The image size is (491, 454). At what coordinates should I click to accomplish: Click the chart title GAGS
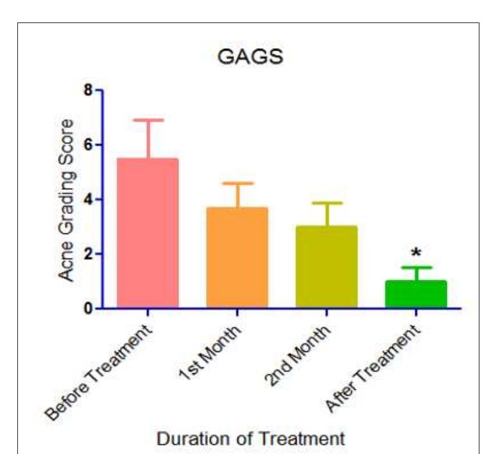250,57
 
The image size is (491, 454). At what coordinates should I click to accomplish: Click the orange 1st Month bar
237,257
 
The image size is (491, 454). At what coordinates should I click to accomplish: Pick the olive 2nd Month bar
326,267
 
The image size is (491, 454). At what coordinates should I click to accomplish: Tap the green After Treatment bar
416,294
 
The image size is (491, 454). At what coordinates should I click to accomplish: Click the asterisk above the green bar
416,253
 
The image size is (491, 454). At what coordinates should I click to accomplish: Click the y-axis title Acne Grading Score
66,199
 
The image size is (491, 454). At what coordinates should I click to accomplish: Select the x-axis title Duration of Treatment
251,439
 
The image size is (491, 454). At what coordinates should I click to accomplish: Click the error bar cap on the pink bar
148,120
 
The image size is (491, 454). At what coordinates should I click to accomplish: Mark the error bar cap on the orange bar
237,183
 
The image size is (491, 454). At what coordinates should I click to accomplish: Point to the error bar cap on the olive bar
326,203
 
